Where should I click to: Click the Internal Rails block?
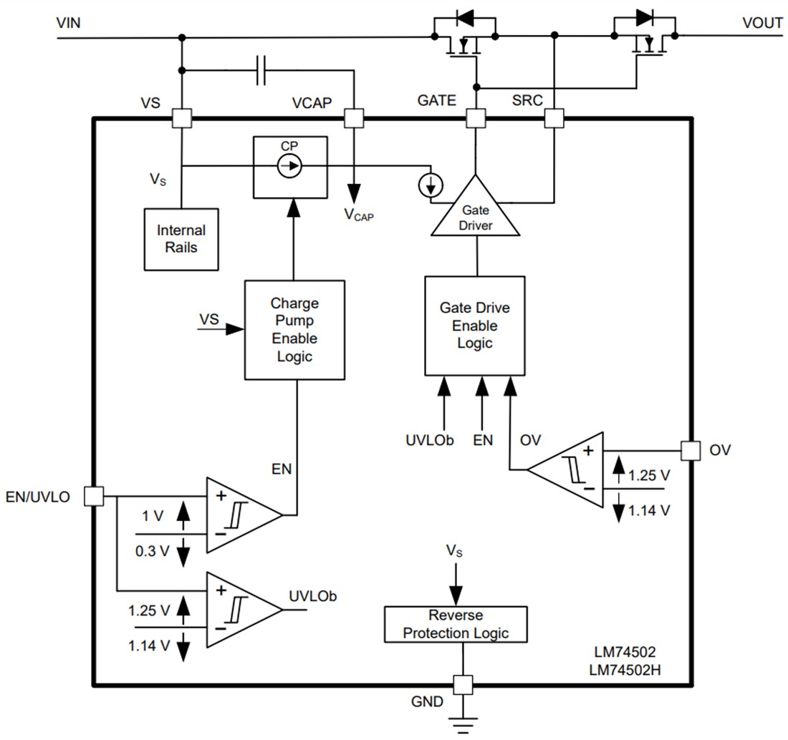[181, 239]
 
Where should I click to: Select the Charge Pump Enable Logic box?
[295, 329]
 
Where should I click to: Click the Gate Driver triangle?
[475, 210]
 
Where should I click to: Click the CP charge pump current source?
[289, 166]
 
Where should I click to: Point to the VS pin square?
[182, 118]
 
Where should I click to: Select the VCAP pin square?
[354, 118]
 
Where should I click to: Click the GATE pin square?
[475, 118]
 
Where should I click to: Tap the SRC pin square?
[554, 118]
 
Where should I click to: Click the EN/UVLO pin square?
[94, 495]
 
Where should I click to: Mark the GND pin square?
[463, 684]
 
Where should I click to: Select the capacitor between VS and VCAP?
[261, 70]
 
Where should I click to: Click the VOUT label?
[762, 23]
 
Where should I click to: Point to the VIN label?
[69, 23]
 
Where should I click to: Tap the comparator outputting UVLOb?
[242, 610]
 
